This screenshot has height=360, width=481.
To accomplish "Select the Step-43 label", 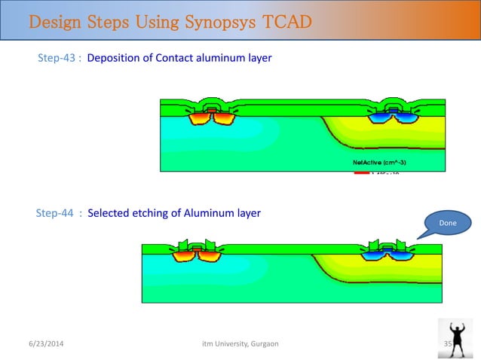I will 57,57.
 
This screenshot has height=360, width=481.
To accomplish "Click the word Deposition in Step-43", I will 114,57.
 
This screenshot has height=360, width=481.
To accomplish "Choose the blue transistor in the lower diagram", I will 388,252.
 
